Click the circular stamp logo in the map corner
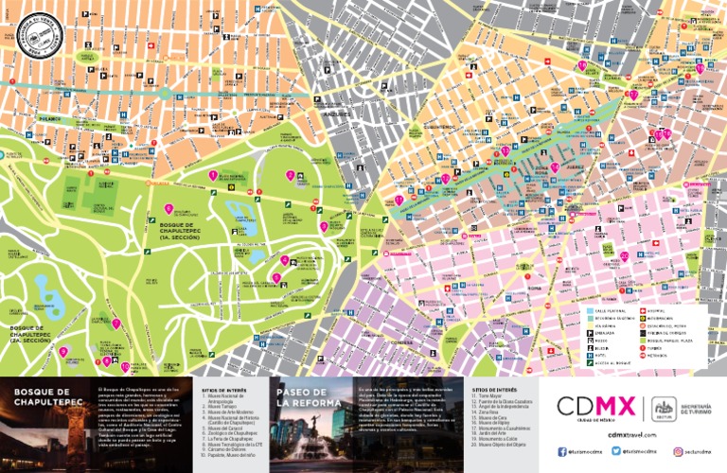point(34,36)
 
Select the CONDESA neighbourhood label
point(405,343)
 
